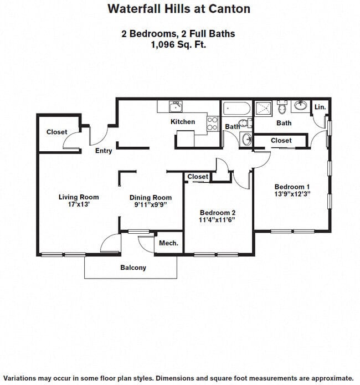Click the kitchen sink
click(x=176, y=106)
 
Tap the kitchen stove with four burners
click(x=213, y=124)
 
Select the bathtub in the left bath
click(x=236, y=108)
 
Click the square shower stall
click(x=263, y=108)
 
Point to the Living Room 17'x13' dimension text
click(x=78, y=204)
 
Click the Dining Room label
click(x=151, y=197)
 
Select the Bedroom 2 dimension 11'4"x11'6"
click(x=217, y=219)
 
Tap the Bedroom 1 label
click(x=292, y=187)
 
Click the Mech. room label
click(x=168, y=243)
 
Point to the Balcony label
click(x=133, y=268)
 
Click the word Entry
click(x=104, y=151)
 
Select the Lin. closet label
click(x=320, y=107)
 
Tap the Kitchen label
click(x=183, y=121)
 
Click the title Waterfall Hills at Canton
click(x=179, y=9)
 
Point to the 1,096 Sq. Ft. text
click(x=178, y=45)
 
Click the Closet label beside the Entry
click(x=56, y=132)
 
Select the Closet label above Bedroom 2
click(x=198, y=177)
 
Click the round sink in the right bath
click(x=301, y=106)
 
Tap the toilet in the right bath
click(x=282, y=107)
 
